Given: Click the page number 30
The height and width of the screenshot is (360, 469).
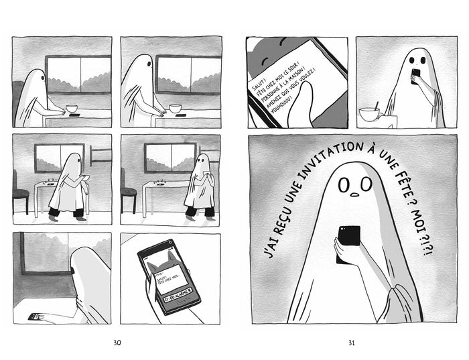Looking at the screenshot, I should [117, 343].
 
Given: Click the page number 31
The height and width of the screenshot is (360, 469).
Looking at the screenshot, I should [351, 343].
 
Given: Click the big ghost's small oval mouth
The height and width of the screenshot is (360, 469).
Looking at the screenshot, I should [353, 195].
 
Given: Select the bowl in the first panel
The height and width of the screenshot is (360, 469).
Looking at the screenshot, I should [71, 108].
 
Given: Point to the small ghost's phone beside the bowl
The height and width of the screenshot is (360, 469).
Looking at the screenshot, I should [415, 74].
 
